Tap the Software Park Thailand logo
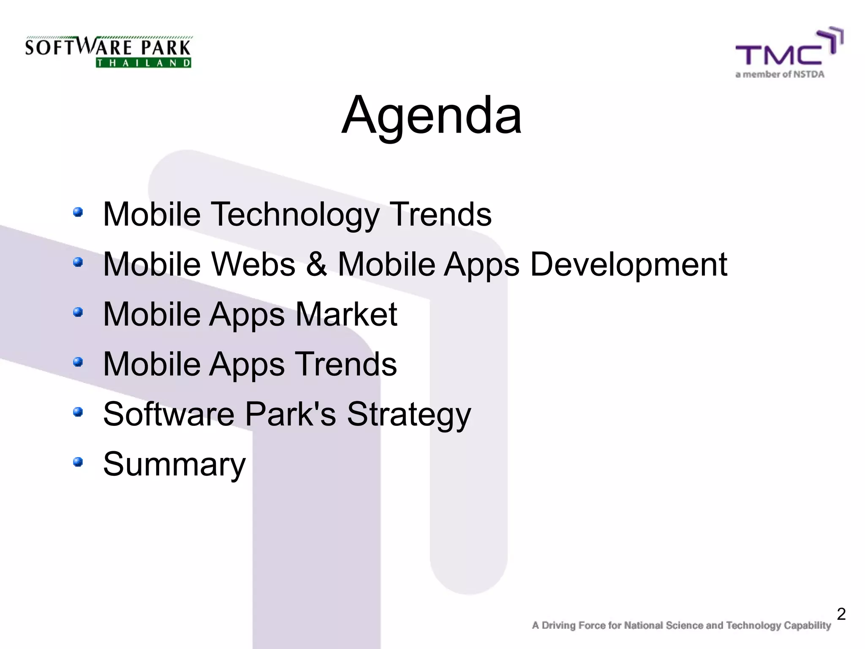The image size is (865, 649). [x=108, y=52]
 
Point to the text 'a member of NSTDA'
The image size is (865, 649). [x=780, y=75]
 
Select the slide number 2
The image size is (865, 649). [x=841, y=614]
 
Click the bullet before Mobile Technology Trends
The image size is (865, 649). [x=78, y=212]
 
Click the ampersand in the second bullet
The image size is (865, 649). [x=316, y=264]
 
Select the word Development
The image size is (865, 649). [x=628, y=264]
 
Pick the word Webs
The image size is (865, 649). [x=253, y=264]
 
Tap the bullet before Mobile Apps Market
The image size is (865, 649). [x=78, y=312]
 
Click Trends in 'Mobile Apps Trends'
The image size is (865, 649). [x=345, y=364]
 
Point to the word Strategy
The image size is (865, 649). [x=408, y=414]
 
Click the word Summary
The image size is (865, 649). [x=174, y=464]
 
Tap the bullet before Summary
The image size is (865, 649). [x=78, y=462]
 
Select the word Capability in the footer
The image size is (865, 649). [x=807, y=625]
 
